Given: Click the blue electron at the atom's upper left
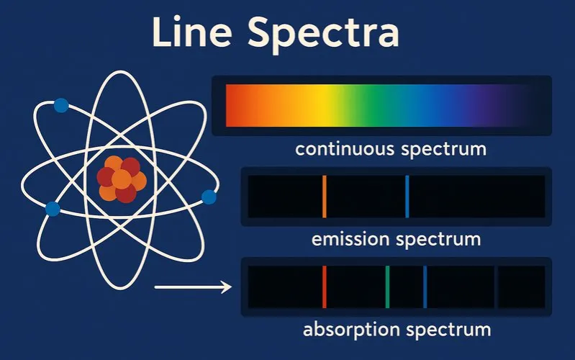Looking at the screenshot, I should click(61, 106).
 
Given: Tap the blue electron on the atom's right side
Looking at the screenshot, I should click(209, 197).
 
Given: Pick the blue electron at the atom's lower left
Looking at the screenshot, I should click(52, 209).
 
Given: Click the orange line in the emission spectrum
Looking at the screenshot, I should click(325, 196).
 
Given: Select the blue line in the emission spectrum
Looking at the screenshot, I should click(407, 196).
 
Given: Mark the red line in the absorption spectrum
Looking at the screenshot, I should click(325, 287).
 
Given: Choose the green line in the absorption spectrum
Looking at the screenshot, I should click(387, 287).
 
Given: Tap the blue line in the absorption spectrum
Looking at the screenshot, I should click(425, 287).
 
